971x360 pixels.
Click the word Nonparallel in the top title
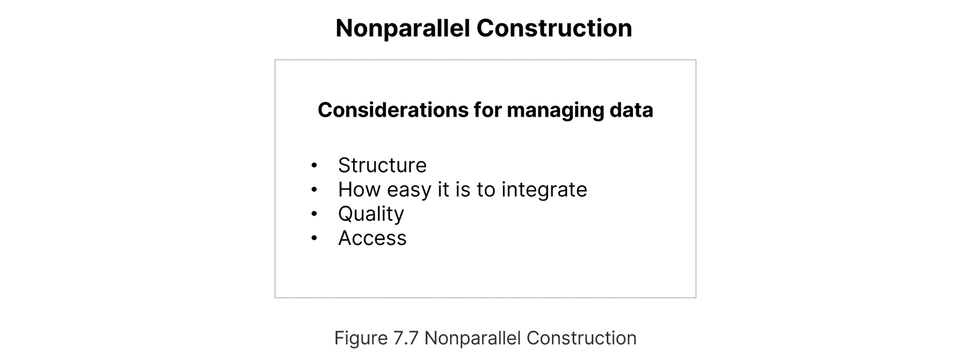click(x=403, y=29)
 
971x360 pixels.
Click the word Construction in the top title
click(x=554, y=28)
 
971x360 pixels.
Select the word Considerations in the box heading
click(x=393, y=110)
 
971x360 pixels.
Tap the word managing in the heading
click(x=555, y=111)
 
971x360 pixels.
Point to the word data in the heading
click(x=631, y=110)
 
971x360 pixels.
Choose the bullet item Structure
click(x=383, y=165)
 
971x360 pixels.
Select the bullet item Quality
click(x=371, y=214)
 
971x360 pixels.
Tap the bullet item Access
click(x=372, y=238)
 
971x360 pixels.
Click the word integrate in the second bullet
click(x=544, y=190)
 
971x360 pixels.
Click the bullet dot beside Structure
click(x=314, y=165)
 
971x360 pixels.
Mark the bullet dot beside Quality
click(x=314, y=214)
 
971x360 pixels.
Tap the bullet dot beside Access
click(x=314, y=238)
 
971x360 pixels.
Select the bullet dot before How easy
click(x=314, y=190)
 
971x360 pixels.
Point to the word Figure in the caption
click(x=361, y=339)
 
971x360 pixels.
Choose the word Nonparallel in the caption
click(x=473, y=338)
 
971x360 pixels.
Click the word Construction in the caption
click(x=581, y=338)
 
